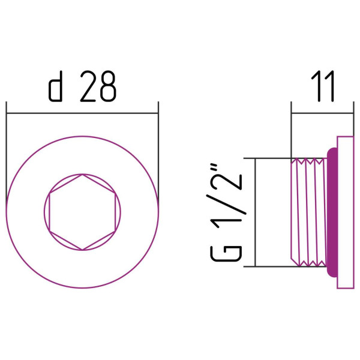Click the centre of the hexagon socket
pyautogui.click(x=82, y=212)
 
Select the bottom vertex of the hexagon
pyautogui.click(x=82, y=249)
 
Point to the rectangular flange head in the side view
pyautogui.click(x=345, y=212)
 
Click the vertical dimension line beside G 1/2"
pyautogui.click(x=255, y=212)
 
